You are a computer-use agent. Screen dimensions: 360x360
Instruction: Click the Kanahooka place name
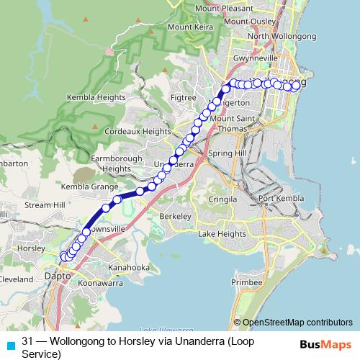click(x=127, y=268)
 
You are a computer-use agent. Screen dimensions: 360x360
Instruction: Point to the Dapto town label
click(x=58, y=276)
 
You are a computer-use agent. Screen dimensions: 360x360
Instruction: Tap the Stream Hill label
click(x=45, y=205)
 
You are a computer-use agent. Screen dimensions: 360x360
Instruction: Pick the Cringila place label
click(x=222, y=199)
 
